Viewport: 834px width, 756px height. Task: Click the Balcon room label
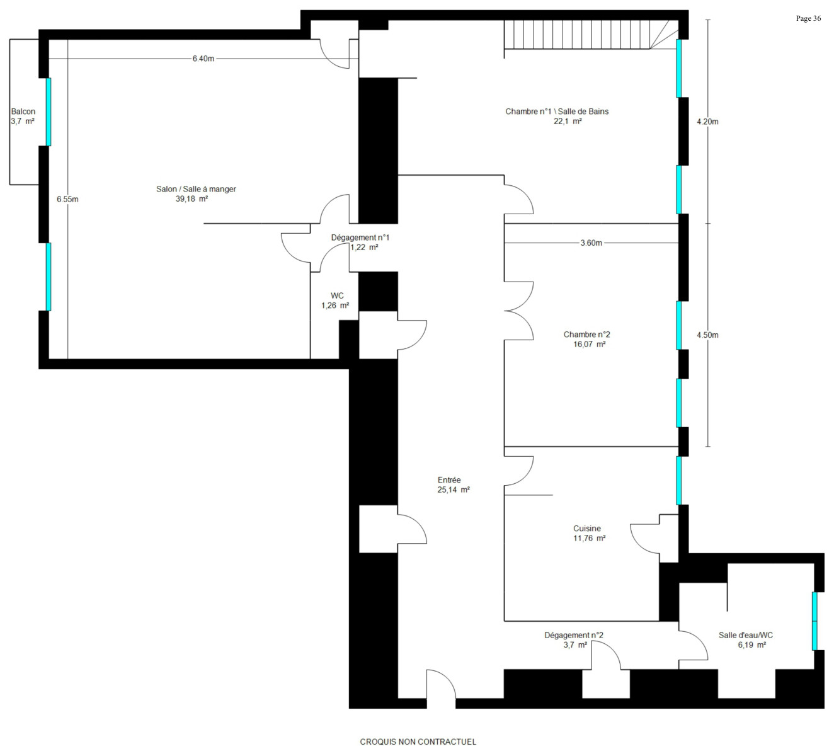click(23, 112)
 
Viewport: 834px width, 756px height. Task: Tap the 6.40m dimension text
click(203, 59)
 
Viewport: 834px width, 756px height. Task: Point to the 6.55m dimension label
click(68, 199)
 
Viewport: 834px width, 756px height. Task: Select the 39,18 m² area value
click(191, 199)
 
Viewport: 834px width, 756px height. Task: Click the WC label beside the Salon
click(337, 295)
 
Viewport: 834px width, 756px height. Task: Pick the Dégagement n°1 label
click(360, 238)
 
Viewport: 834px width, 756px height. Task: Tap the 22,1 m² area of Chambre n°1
click(568, 122)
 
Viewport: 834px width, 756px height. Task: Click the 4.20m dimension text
click(707, 122)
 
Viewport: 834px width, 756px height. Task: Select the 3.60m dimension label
click(591, 243)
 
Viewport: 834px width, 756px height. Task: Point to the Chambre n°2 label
click(586, 335)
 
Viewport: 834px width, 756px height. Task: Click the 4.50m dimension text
click(707, 335)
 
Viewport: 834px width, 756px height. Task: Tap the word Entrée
click(449, 480)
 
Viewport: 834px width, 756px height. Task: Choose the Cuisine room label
click(587, 529)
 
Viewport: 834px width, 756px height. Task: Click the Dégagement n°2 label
click(574, 635)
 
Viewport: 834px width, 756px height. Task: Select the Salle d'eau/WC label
click(746, 635)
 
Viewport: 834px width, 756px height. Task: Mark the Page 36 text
click(808, 18)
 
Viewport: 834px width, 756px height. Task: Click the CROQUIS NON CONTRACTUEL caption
click(418, 742)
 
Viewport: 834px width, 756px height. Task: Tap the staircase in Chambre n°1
click(591, 35)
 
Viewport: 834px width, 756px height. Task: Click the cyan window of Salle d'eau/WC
click(814, 621)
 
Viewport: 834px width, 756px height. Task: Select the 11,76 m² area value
click(589, 538)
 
